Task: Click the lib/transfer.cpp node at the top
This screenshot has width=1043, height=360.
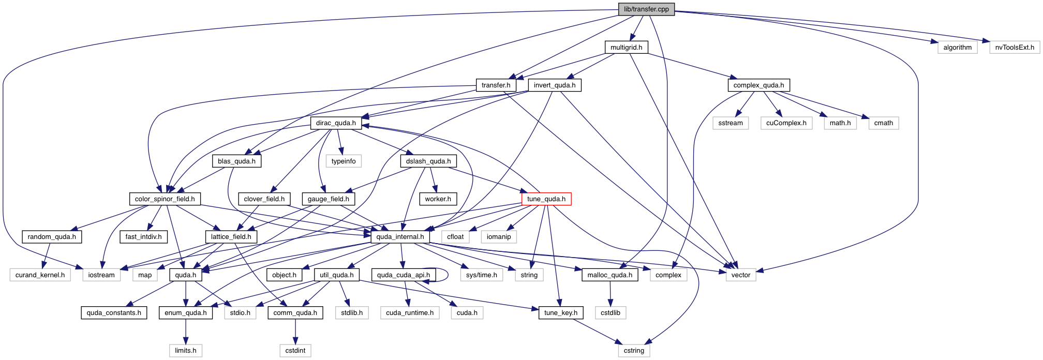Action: coord(646,9)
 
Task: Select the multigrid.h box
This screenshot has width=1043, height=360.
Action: coord(626,48)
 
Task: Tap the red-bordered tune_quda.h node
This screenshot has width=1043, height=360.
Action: coord(546,199)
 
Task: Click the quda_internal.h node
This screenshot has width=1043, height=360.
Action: coord(400,237)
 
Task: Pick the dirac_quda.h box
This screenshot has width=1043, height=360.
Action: coord(336,123)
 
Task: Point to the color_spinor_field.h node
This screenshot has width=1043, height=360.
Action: coord(165,199)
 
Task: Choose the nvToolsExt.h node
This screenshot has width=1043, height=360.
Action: coord(1015,48)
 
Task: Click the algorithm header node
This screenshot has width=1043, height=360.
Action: coord(957,48)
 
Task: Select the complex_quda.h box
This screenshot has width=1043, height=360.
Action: coord(758,85)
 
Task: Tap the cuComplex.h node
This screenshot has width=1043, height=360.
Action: coord(786,123)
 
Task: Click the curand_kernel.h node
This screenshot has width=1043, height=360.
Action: coord(40,275)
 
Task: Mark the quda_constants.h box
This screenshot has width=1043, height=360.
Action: coord(114,313)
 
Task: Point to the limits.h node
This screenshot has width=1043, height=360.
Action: coord(185,351)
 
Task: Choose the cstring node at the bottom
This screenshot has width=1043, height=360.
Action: coord(634,351)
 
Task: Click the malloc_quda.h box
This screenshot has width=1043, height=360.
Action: coord(609,275)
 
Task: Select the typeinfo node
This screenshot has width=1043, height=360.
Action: coord(344,161)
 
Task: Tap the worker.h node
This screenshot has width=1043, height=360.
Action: coord(438,199)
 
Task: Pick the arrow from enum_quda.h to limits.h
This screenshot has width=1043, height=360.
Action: coord(186,332)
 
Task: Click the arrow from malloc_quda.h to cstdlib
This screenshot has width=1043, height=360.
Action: coord(610,294)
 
